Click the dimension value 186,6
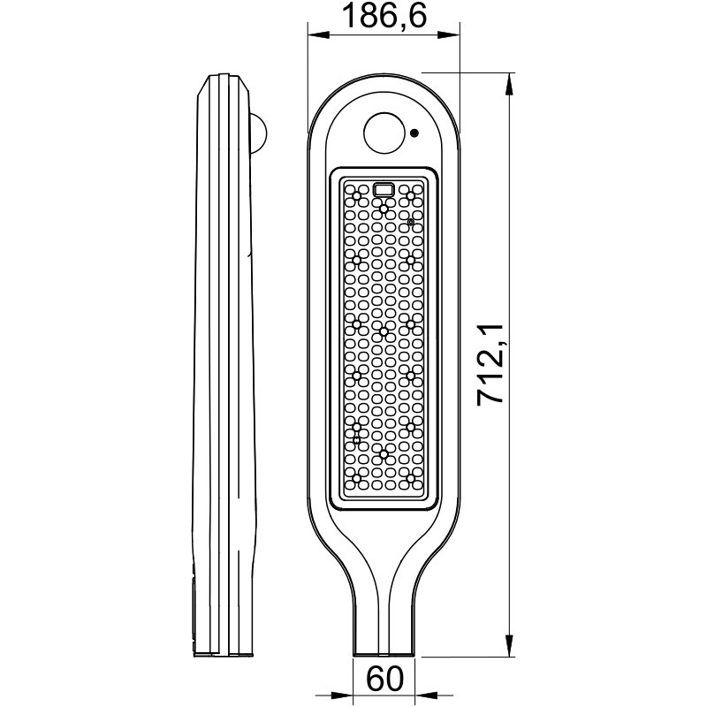384,16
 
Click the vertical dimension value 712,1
490,364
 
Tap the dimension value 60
384,679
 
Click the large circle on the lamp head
384,133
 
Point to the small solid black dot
414,133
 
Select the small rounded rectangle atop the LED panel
384,189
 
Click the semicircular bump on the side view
259,133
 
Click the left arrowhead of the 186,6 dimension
318,34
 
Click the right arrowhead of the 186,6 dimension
449,34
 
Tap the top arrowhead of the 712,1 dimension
510,84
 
